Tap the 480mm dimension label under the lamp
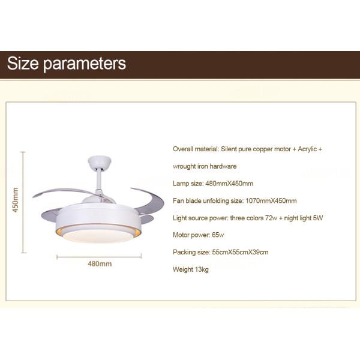click(x=100, y=263)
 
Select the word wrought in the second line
click(x=184, y=166)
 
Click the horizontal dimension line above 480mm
click(x=99, y=256)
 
